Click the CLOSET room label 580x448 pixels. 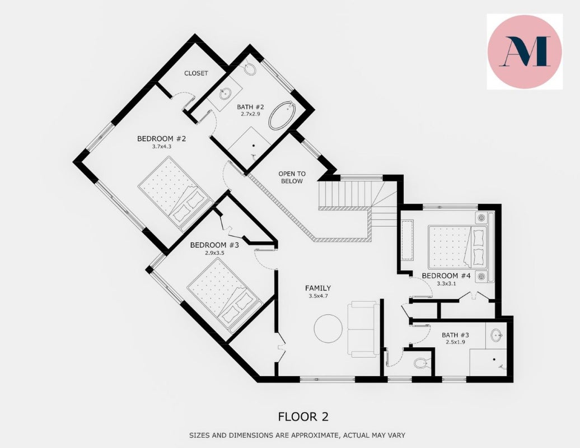(196, 73)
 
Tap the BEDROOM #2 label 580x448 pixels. (161, 139)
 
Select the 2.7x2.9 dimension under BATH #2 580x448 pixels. (250, 114)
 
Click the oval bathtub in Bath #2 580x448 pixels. (282, 115)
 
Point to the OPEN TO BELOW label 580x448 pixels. (292, 177)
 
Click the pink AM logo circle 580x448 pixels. (525, 52)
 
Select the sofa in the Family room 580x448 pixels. (363, 329)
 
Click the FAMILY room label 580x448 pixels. (318, 288)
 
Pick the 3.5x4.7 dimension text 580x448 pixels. (318, 296)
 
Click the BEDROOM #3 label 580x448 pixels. (214, 245)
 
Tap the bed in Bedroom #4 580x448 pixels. (458, 247)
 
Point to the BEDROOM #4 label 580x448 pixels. (446, 276)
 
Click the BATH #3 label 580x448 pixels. (455, 335)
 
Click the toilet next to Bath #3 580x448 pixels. (420, 362)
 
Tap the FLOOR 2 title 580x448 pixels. (303, 417)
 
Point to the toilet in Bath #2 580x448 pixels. (250, 68)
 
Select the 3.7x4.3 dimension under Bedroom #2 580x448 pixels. (162, 147)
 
